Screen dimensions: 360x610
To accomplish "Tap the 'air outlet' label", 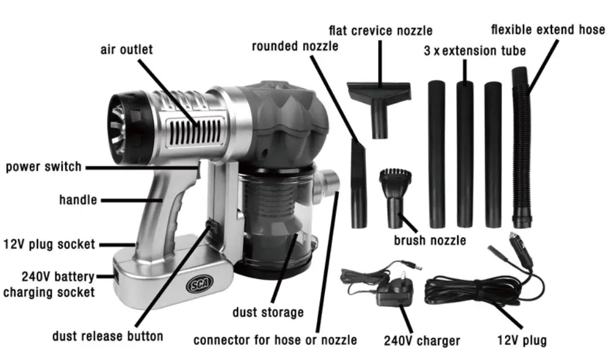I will point(126,50).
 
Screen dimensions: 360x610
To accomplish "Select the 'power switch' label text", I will point(43,166).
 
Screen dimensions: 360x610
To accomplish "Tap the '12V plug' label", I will point(522,340).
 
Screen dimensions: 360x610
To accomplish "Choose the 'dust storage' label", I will point(268,312).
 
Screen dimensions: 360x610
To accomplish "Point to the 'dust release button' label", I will point(107,336).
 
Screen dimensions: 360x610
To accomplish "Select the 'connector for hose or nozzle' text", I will point(275,340).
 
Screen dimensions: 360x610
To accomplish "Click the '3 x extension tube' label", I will point(475,51).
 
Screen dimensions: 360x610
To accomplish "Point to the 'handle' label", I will point(78,199).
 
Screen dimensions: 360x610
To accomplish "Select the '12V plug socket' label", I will point(50,244).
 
